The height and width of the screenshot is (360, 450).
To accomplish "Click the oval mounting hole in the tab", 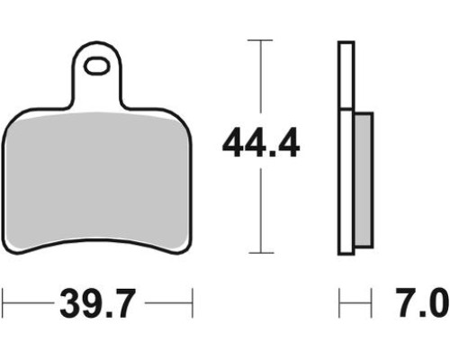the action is coord(96,67).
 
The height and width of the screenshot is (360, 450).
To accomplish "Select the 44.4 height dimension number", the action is coord(261,142).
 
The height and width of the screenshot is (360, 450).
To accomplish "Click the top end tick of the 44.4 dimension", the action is coord(260,40).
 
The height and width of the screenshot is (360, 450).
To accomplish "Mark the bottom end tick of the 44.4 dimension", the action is coord(261,253).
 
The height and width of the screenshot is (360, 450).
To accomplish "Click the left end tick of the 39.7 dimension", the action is coord(3,303).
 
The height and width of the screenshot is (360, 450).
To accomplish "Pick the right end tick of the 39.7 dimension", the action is coord(193,303).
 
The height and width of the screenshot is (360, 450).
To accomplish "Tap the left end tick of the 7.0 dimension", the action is coord(339,303).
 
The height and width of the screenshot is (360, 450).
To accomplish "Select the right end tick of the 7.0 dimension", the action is coord(371,303).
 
